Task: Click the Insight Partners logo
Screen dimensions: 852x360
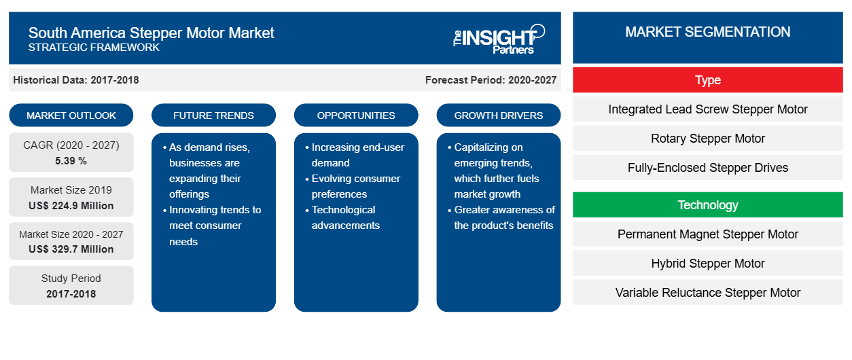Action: point(499,39)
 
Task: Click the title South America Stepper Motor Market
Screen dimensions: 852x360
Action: point(151,33)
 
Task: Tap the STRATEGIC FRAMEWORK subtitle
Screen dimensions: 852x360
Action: point(94,48)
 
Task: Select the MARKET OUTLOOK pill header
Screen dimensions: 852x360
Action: point(71,115)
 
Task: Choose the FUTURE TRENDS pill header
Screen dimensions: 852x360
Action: point(213,115)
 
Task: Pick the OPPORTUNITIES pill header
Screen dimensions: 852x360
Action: point(356,115)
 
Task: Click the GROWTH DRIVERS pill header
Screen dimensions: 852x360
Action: point(498,115)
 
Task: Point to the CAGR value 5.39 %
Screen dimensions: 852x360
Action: point(71,161)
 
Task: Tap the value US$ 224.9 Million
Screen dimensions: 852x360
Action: point(71,206)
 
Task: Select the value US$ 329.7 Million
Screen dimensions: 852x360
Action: point(71,249)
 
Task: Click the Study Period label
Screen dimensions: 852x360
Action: point(71,278)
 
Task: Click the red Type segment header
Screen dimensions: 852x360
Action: point(708,80)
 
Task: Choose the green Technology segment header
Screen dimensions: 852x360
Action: point(708,205)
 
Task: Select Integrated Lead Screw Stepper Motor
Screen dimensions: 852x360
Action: point(708,109)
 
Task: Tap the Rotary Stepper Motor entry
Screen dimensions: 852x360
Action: point(708,139)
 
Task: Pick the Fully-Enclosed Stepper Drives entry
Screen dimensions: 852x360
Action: point(708,168)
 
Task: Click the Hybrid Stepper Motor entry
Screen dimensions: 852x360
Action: point(708,264)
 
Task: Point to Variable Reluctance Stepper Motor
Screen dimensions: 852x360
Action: point(708,293)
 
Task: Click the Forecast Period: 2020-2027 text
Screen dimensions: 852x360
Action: point(491,80)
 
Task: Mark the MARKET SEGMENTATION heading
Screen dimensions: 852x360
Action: point(708,32)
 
